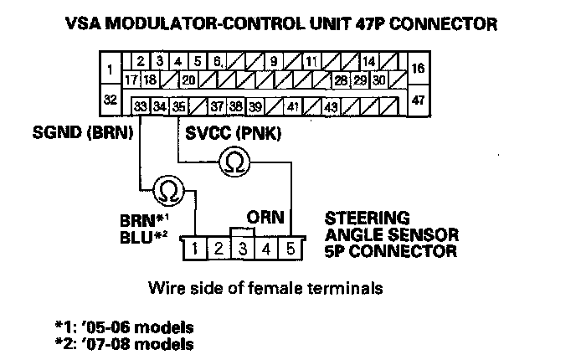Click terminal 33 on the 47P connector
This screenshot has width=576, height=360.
[141, 107]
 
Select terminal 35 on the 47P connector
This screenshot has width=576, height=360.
[178, 107]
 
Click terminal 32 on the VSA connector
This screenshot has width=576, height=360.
[109, 99]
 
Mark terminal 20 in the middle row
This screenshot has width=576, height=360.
[188, 80]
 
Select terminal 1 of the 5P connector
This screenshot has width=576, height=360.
[194, 248]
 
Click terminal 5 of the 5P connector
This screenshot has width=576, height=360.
[290, 248]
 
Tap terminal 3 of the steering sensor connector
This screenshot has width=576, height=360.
[242, 248]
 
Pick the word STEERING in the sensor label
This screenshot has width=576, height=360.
[356, 216]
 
